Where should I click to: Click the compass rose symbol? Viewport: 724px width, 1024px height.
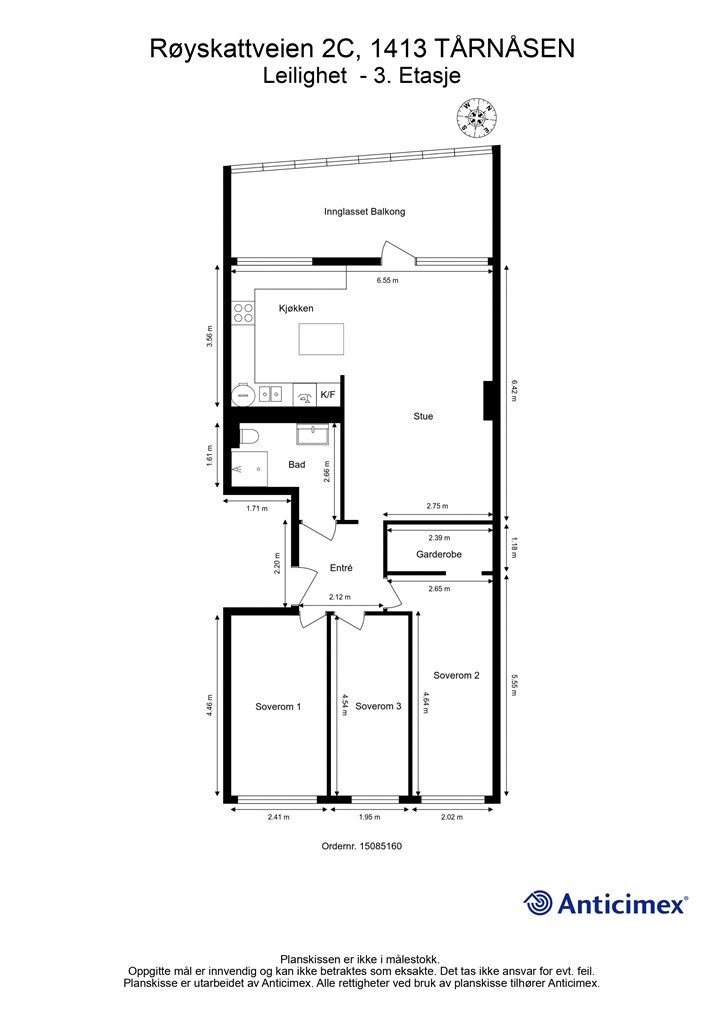pos(477,119)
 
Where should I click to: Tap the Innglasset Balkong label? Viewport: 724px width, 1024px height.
pos(365,212)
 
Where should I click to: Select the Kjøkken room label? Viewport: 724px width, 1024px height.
pos(296,308)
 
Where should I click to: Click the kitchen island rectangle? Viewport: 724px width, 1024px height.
pos(321,338)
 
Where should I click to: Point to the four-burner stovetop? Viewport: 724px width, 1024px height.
pos(244,313)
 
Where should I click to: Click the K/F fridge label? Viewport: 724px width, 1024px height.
pos(327,394)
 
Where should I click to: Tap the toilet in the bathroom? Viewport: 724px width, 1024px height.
pos(249,437)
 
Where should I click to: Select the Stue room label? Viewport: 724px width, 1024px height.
pos(423,416)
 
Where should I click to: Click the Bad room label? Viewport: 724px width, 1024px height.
pos(297,464)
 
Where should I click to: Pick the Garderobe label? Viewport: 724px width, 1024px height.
pos(439,554)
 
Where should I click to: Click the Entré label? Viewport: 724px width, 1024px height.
pos(341,568)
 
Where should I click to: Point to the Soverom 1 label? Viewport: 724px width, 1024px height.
pos(278,706)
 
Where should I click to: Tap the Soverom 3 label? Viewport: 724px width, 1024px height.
pos(379,706)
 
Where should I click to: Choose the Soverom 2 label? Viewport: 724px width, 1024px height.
pos(456,675)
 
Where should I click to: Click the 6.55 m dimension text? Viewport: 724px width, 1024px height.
pos(387,280)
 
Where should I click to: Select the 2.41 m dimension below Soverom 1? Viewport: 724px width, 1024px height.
pos(278,816)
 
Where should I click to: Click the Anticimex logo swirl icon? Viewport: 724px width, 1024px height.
pos(538,903)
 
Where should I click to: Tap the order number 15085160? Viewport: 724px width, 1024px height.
pos(380,846)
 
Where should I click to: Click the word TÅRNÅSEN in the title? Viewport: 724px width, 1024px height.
pos(504,48)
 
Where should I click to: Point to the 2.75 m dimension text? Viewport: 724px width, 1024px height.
pos(437,505)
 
